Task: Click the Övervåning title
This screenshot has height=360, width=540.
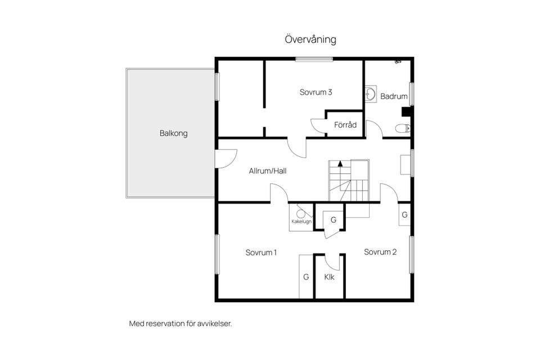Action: coord(310,39)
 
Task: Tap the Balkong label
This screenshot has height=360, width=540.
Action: coord(174,133)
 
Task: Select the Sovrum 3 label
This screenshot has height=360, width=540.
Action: coord(316,92)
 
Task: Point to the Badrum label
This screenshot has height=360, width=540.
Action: coord(394,96)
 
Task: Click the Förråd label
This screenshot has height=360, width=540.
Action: coord(345,125)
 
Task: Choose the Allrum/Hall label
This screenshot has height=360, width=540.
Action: coord(268,171)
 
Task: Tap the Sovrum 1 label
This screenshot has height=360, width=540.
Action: coord(261,253)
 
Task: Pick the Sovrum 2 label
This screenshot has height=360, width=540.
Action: coord(380,252)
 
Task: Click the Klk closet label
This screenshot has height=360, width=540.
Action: coord(329,277)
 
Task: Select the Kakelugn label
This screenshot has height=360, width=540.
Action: coord(301,222)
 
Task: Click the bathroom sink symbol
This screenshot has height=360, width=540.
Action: coord(371,94)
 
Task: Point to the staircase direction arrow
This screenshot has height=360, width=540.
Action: coord(340,164)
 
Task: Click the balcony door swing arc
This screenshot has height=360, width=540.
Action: coord(231,162)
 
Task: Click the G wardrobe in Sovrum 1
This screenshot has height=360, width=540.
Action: coord(306,277)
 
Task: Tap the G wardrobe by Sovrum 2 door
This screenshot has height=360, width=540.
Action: coord(404,215)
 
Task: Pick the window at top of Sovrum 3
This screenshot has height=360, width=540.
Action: coord(314,59)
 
